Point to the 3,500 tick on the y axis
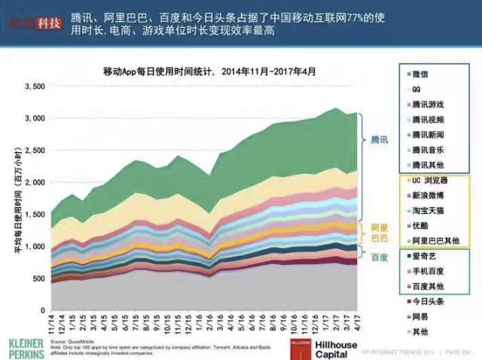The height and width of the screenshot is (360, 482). point(35,87)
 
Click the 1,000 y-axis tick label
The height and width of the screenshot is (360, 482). point(35,246)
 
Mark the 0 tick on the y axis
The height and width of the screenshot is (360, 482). point(42,310)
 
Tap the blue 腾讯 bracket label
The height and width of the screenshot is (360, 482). point(380,140)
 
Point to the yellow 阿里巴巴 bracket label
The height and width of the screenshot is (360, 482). point(380,232)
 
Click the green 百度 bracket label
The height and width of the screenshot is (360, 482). point(380,258)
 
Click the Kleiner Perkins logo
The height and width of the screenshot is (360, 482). point(25,347)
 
